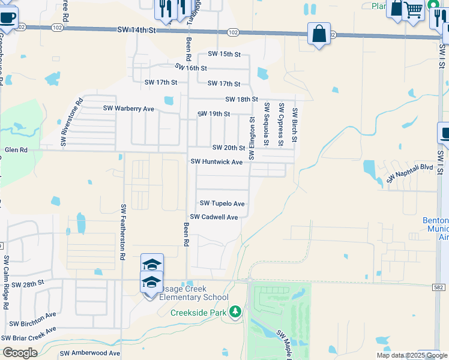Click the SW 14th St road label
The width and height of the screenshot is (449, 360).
(136, 29)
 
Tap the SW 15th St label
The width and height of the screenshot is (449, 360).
(224, 54)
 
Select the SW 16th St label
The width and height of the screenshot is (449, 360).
(191, 68)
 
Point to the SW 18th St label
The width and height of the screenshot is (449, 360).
(241, 99)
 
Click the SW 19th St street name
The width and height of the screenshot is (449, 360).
(214, 114)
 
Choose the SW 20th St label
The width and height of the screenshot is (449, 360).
(229, 148)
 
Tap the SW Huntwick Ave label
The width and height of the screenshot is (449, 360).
(217, 162)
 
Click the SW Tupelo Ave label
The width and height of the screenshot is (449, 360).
(222, 204)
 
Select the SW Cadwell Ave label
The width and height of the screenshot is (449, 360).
(214, 217)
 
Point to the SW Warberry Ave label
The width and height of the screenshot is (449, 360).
(128, 109)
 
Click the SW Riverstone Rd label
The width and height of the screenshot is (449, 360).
(71, 123)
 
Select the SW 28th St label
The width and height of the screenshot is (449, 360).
(28, 283)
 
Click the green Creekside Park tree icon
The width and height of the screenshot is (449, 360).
(236, 311)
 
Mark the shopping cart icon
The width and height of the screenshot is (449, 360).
(414, 10)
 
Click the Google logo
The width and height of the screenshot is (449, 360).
(20, 352)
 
